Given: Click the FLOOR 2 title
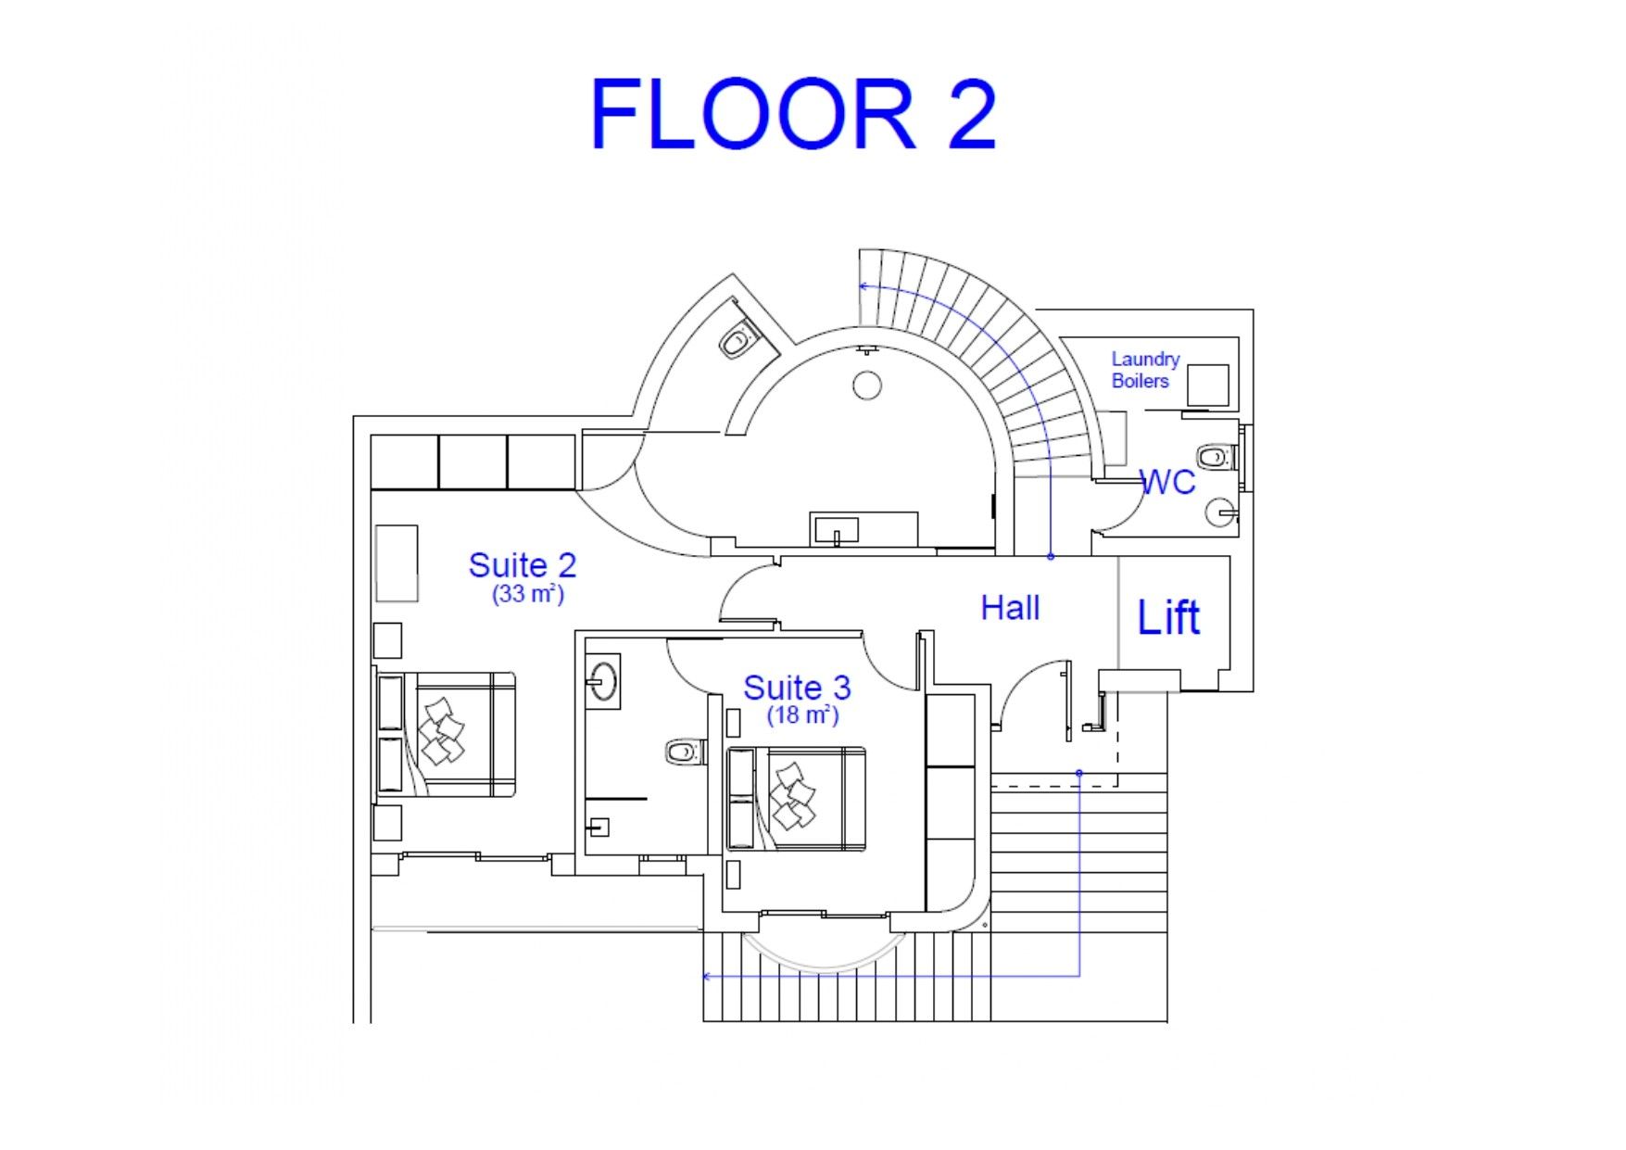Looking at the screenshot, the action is click(793, 114).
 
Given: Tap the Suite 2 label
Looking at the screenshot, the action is click(523, 564).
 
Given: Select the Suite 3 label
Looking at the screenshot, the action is click(797, 688).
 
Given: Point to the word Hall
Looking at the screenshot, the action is click(1010, 608).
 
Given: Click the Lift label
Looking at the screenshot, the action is click(1168, 617).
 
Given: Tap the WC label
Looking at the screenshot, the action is click(1167, 482).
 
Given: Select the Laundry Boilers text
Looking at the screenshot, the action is click(1145, 370).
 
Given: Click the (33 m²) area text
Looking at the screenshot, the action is click(528, 593).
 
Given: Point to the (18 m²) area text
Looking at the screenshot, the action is click(802, 714).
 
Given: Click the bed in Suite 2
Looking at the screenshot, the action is click(446, 734).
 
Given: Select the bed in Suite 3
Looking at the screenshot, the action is click(796, 798).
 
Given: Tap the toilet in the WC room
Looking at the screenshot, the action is click(1216, 457).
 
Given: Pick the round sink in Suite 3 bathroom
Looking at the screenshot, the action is click(603, 679).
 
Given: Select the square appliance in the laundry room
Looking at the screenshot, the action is click(1208, 385).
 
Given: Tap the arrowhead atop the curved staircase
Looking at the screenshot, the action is click(863, 286).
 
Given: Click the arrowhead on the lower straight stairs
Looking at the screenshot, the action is click(708, 976).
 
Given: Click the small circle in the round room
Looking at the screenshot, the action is click(867, 385).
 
